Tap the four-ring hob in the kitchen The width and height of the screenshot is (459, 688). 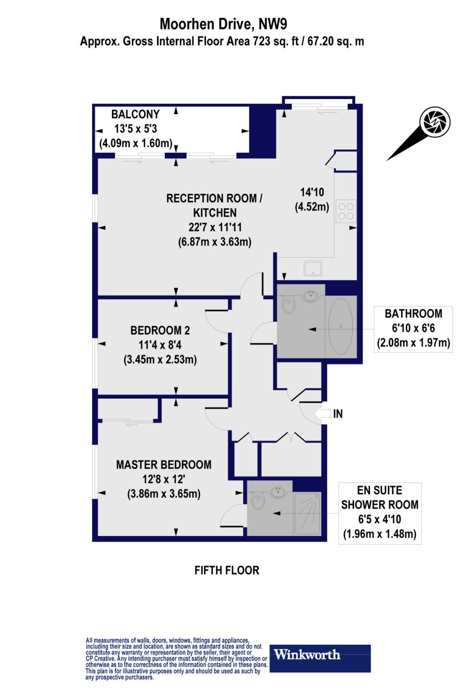(x=346, y=211)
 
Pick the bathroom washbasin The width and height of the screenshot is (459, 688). (x=312, y=295)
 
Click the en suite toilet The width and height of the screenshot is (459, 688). (x=258, y=502)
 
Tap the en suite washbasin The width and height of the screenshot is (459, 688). (x=278, y=493)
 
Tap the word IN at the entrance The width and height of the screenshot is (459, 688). (x=338, y=414)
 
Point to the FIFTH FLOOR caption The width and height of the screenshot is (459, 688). (x=227, y=570)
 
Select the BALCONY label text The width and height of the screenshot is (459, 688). (x=136, y=114)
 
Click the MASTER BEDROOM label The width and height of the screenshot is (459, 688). (x=163, y=465)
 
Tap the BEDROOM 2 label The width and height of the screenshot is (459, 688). (x=160, y=330)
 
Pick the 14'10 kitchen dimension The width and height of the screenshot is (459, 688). (x=312, y=193)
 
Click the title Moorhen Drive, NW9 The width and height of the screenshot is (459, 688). (x=223, y=24)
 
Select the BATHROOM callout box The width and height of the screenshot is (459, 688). (x=413, y=328)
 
